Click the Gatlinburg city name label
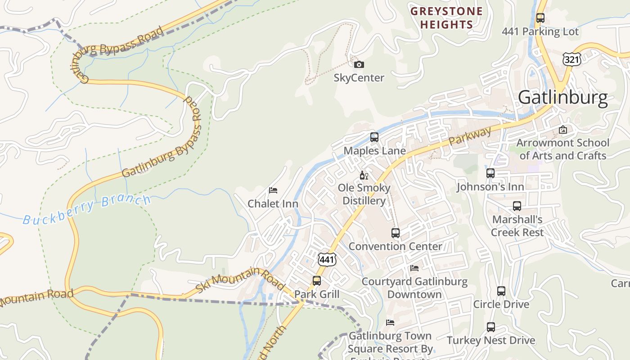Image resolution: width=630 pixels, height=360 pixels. coord(562,98)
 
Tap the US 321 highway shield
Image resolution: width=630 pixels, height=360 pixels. coord(571,59)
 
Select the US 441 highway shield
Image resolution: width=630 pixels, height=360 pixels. coord(327,259)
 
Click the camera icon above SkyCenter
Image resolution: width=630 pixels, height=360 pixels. coord(359,64)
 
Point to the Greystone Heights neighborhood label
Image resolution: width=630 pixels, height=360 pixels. coord(446,18)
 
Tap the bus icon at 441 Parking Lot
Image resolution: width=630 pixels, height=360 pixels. coord(540,18)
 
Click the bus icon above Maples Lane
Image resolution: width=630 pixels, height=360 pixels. coord(374,137)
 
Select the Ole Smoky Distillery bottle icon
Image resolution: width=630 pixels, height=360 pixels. coord(364,175)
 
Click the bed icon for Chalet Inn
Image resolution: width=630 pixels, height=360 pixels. coord(273,190)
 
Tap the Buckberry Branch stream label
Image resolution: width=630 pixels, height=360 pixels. coord(87,210)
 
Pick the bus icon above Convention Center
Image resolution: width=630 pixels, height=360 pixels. coord(395,233)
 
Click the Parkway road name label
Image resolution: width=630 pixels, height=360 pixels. coord(470,136)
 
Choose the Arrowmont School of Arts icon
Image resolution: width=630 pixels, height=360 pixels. coord(562,130)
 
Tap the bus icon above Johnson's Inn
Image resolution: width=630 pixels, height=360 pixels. coord(490,173)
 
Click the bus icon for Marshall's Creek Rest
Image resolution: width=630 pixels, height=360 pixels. coord(517,206)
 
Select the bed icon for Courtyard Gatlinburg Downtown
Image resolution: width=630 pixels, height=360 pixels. coord(414,268)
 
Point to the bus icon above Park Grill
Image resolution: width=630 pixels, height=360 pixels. coord(316,280)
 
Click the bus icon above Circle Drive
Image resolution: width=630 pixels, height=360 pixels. coord(501,291)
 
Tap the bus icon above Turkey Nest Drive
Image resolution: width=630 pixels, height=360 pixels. coord(490,327)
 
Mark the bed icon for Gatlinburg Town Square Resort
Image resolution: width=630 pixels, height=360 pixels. coord(390,322)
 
